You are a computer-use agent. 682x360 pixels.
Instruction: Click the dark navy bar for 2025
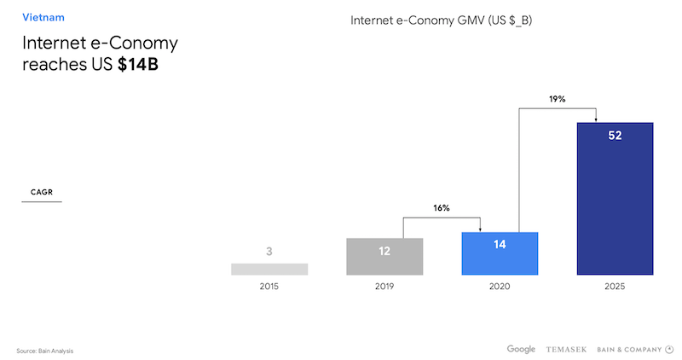(x=615, y=205)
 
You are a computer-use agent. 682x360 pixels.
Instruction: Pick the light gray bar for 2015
(x=269, y=269)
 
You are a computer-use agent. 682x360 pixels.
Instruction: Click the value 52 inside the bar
(x=615, y=136)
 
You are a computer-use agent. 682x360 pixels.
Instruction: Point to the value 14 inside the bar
(x=500, y=244)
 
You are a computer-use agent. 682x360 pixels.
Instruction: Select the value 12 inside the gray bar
(x=384, y=251)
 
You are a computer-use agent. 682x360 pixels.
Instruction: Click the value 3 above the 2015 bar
(x=269, y=251)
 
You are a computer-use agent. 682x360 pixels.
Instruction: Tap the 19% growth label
(x=557, y=99)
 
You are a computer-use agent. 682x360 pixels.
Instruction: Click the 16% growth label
(x=441, y=207)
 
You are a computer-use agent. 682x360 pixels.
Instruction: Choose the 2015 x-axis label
(x=269, y=287)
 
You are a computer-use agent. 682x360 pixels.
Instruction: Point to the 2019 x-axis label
(x=384, y=287)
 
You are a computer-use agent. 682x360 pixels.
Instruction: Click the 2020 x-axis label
(x=500, y=287)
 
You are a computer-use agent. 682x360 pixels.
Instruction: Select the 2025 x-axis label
(x=615, y=287)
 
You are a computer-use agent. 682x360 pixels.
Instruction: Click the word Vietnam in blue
(x=43, y=17)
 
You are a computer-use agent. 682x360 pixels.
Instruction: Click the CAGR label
(x=41, y=192)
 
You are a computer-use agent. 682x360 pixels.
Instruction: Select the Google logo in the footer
(x=521, y=348)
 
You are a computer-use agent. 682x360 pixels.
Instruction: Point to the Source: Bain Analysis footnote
(x=51, y=351)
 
